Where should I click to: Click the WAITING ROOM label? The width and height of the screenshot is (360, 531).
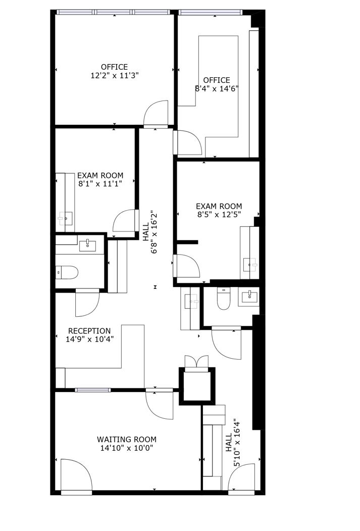point(127,439)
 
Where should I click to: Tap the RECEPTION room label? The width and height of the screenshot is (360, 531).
point(89,331)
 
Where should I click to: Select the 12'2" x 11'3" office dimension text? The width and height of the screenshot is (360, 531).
point(115,75)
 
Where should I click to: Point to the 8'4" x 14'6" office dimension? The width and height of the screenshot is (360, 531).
point(217,89)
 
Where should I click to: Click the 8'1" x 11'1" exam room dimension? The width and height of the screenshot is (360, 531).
point(100,184)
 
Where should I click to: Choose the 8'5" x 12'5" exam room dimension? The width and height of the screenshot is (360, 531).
point(219,214)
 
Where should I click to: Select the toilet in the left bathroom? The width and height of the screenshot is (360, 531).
point(67,272)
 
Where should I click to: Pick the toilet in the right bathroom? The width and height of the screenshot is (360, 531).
point(223,299)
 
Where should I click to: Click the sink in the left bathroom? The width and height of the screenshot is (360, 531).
point(88,246)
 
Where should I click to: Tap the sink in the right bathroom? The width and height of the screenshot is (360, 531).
point(249,297)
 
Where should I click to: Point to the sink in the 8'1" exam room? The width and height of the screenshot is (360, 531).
point(65,218)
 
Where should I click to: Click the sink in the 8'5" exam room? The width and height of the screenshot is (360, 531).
point(250,264)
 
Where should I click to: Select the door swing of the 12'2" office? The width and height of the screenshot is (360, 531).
point(156,114)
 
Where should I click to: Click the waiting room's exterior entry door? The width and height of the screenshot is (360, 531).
point(76,475)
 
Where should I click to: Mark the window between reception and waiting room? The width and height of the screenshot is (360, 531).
point(93,390)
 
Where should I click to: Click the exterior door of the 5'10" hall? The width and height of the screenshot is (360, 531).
point(241,477)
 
